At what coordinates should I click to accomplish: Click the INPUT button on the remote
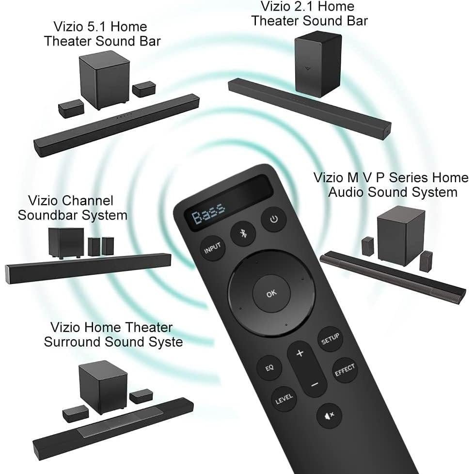(x=212, y=249)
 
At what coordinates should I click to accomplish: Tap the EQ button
(x=269, y=367)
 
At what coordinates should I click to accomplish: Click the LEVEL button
(x=284, y=399)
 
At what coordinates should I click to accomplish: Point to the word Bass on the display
(x=208, y=217)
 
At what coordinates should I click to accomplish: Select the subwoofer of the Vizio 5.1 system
(x=104, y=79)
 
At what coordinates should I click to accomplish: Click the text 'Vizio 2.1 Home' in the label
(x=308, y=7)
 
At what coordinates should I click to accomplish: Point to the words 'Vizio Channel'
(x=70, y=200)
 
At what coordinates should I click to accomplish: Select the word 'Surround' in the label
(x=77, y=342)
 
